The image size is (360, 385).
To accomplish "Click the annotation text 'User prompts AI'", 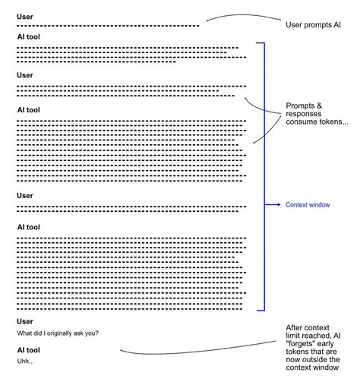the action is (313, 24).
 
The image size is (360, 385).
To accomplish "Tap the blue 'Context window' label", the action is (308, 205).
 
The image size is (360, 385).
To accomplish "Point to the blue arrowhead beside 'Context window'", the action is (278, 205).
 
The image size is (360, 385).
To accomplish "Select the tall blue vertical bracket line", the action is (264, 175).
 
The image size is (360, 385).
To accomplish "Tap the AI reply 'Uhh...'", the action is (26, 361).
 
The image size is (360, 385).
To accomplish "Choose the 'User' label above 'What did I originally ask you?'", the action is (25, 322).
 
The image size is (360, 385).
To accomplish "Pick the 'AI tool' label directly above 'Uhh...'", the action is (28, 350).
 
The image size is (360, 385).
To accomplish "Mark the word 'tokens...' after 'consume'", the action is (332, 122).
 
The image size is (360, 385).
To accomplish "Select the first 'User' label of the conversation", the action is (25, 16).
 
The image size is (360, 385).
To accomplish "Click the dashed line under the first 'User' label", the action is (106, 26).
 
